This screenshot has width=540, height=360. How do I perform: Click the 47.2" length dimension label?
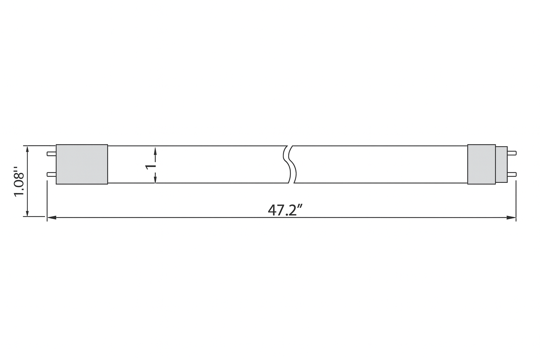click(x=285, y=210)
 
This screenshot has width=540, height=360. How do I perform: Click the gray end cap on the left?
click(x=82, y=164)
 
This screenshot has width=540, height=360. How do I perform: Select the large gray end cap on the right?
click(x=481, y=164)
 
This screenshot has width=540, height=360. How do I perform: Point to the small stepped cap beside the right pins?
click(x=501, y=164)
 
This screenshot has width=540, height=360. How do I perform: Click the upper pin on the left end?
click(x=51, y=154)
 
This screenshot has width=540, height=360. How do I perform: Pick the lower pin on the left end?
click(x=51, y=174)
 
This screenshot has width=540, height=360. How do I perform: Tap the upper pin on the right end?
click(x=512, y=153)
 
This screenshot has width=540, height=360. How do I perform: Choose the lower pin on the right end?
click(x=512, y=174)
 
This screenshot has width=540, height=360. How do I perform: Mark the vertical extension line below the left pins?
click(x=47, y=200)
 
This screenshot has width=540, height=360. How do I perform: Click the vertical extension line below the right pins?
click(x=516, y=200)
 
